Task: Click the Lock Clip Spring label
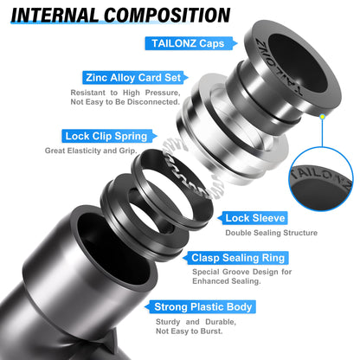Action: click(106, 136)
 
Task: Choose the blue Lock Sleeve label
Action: click(254, 218)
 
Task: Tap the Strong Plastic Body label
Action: click(202, 306)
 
